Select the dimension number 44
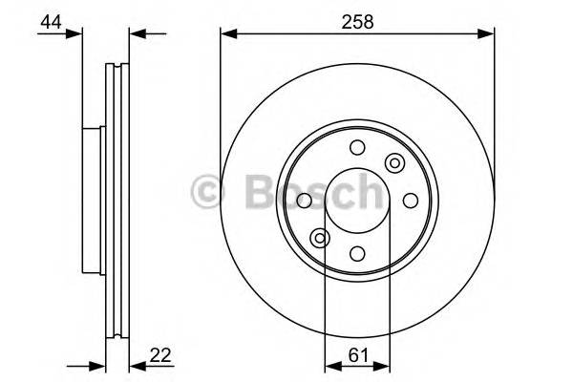coord(51,19)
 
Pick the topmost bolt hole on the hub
coord(357,147)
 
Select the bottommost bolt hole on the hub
coord(357,253)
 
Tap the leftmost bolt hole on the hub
coord(305,201)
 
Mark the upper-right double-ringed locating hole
coord(393,163)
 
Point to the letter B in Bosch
coord(250,190)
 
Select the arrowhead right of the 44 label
coord(75,34)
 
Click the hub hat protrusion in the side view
coord(93,200)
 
